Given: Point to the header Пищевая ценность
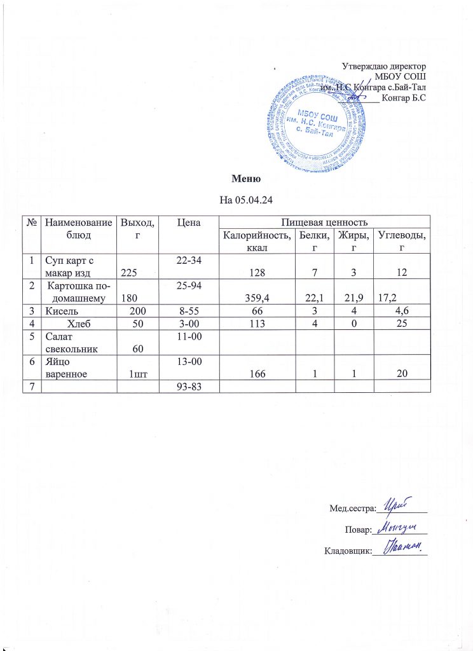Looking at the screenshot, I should pos(324,222).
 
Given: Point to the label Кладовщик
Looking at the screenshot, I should pos(347,551).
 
